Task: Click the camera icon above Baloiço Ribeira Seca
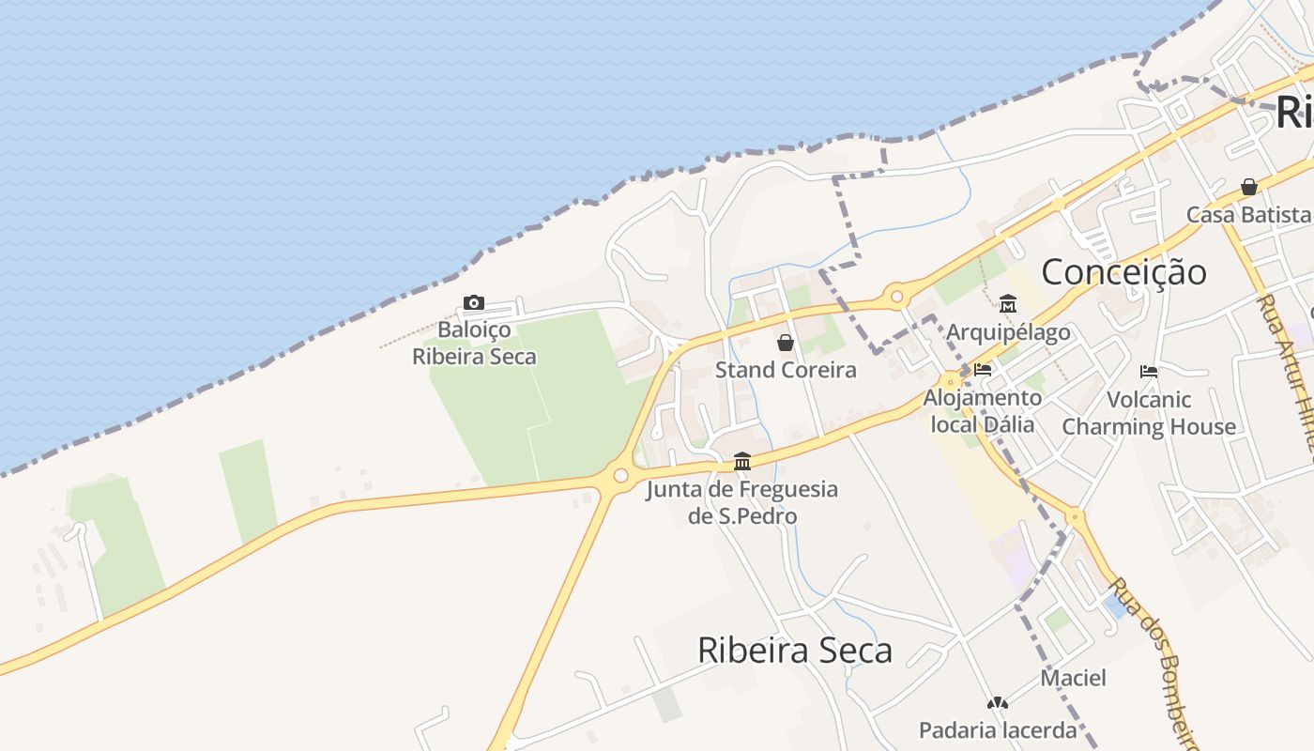point(474,302)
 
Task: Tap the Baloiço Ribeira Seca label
point(474,343)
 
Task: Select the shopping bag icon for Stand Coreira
point(786,343)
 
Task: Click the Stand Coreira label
point(786,370)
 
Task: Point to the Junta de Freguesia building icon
point(742,461)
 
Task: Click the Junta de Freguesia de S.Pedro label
point(741,502)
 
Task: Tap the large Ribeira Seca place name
point(794,650)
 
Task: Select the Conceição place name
point(1123,272)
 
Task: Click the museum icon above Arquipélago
point(1008,304)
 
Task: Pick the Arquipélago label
point(1008,332)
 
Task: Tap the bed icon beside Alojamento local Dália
point(983,370)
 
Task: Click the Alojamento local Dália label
point(983,410)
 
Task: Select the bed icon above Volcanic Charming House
point(1148,372)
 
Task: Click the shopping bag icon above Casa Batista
point(1248,187)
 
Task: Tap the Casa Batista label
point(1248,214)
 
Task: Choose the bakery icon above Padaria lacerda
point(997,702)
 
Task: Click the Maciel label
point(1073,678)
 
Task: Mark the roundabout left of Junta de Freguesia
point(620,476)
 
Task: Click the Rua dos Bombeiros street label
point(1152,663)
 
